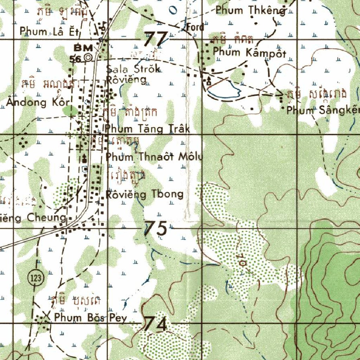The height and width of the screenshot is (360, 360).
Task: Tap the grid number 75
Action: [155, 229]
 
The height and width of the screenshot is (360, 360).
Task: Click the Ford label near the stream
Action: [195, 27]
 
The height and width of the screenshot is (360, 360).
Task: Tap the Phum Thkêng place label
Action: [250, 11]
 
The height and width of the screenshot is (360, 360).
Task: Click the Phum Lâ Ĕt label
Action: [50, 32]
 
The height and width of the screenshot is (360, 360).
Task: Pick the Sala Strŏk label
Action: [133, 69]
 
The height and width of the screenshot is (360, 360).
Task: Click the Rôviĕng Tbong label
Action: [144, 194]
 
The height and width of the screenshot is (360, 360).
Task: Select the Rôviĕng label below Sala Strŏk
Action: [126, 80]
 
